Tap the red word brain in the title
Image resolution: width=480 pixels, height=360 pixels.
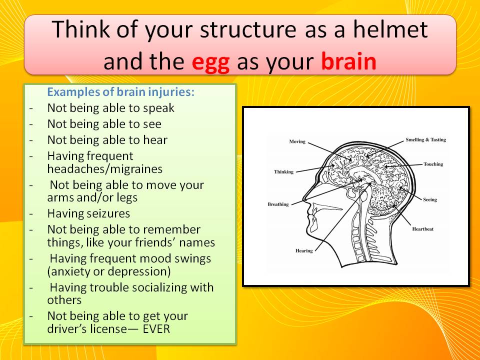click(348, 61)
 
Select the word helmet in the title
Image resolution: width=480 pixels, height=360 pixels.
click(390, 29)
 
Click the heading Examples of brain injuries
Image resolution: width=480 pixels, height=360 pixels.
click(121, 92)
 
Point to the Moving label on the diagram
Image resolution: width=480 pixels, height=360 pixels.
click(297, 141)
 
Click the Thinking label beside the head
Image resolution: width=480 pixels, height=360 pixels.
click(283, 171)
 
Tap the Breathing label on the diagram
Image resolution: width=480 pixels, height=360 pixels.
click(278, 204)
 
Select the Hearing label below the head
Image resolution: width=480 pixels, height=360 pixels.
click(304, 250)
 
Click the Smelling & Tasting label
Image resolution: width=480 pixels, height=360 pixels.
click(426, 139)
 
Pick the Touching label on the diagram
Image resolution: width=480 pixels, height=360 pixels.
click(433, 164)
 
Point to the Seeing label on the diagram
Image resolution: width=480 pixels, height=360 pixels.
click(430, 199)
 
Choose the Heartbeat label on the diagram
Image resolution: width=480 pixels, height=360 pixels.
click(423, 229)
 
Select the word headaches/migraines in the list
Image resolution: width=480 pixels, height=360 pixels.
click(104, 169)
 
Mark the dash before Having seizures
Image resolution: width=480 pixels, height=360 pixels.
click(31, 213)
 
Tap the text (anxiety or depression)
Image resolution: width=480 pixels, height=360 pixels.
click(108, 271)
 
